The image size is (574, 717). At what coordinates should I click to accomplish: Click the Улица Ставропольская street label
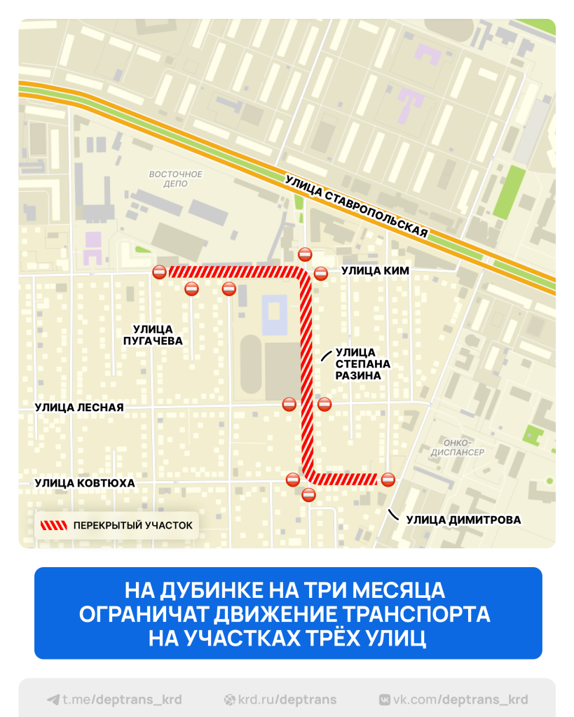point(357,206)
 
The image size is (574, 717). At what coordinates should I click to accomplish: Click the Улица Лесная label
point(79,408)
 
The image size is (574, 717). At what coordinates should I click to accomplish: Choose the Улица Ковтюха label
point(85,482)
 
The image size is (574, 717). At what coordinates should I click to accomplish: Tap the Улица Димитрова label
point(463,520)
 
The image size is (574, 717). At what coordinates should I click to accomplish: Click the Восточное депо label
point(175,179)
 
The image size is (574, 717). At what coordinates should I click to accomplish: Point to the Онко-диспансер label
point(459,447)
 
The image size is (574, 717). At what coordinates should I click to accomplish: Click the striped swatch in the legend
point(54,524)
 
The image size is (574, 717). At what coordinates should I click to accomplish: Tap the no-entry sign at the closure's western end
point(159,272)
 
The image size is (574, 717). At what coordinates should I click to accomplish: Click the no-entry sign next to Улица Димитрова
point(388,480)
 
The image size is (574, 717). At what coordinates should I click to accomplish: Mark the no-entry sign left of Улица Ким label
point(320,273)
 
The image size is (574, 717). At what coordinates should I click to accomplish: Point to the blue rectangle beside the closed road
point(273,314)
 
